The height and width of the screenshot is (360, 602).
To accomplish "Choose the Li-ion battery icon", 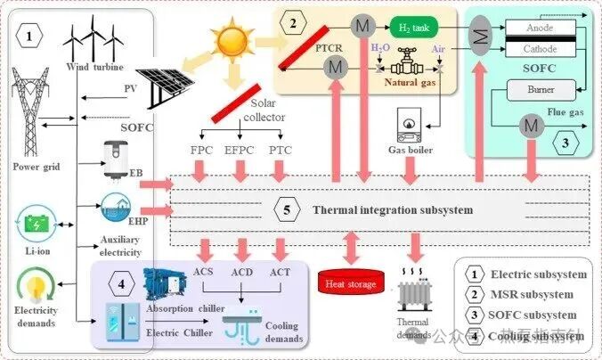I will click(x=37, y=223).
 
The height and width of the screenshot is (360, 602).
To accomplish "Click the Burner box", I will click(x=540, y=88).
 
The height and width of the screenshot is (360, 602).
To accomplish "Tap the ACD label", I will click(x=242, y=271).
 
